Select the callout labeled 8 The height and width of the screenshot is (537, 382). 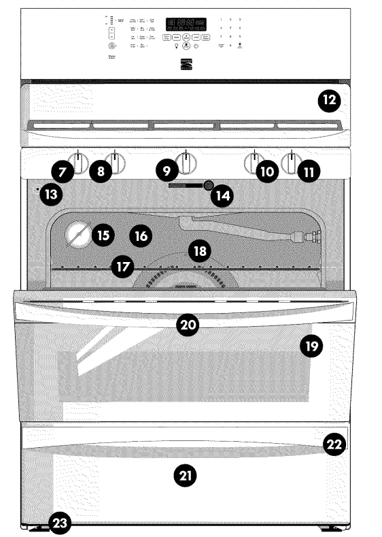pyautogui.click(x=101, y=172)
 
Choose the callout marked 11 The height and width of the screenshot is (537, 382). pyautogui.click(x=309, y=172)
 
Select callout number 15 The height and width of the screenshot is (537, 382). pyautogui.click(x=103, y=235)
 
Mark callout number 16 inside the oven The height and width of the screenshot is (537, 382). pyautogui.click(x=141, y=236)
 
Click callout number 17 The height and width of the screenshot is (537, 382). pyautogui.click(x=122, y=267)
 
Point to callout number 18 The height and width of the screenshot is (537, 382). pyautogui.click(x=199, y=251)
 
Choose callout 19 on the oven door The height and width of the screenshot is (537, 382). pyautogui.click(x=311, y=346)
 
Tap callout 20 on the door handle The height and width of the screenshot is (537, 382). pyautogui.click(x=188, y=325)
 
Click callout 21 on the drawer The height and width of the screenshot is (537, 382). pyautogui.click(x=184, y=476)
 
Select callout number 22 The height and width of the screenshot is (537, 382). pyautogui.click(x=333, y=444)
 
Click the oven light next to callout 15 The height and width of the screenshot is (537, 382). pyautogui.click(x=77, y=235)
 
